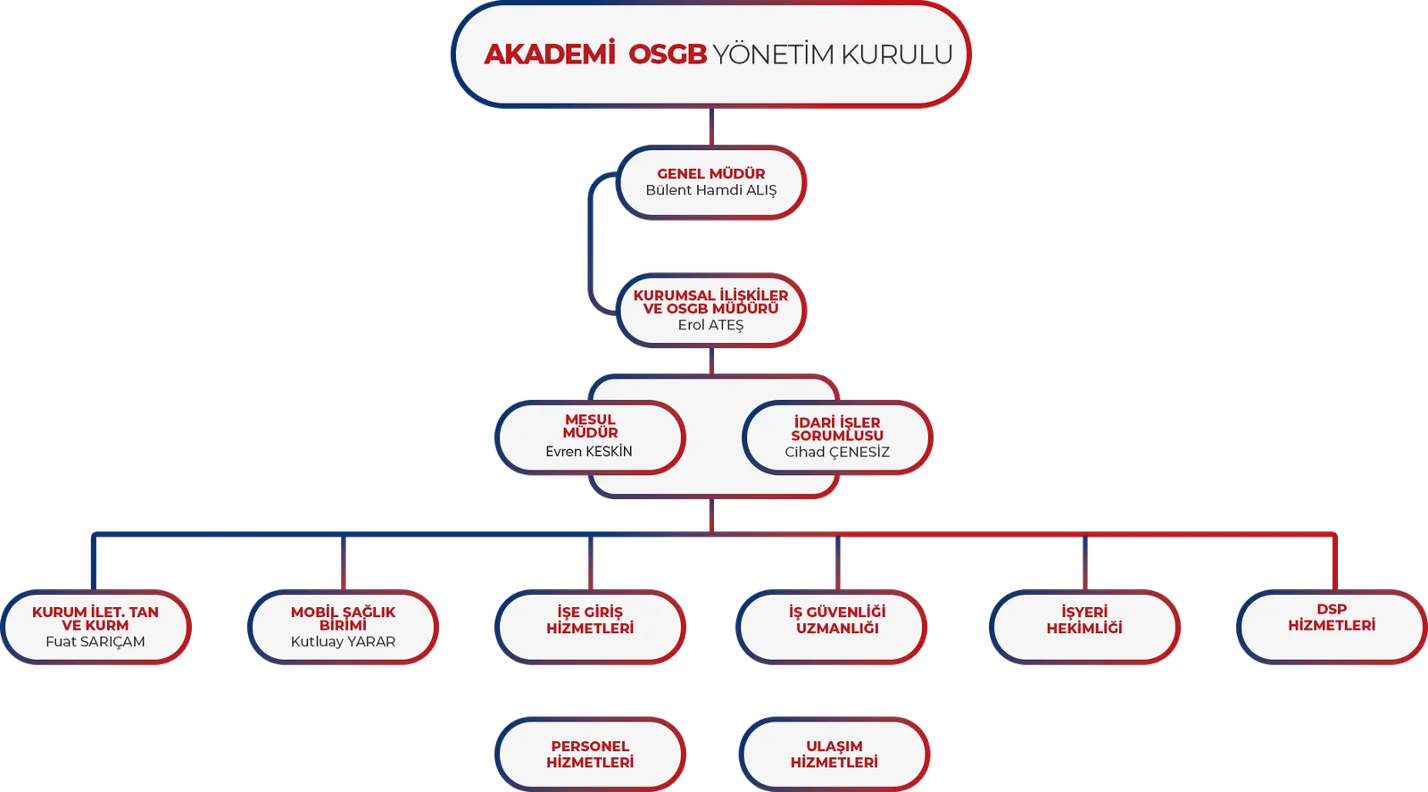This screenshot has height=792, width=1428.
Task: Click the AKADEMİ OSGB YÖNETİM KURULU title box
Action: (710, 54)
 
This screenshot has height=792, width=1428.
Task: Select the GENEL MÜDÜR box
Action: (710, 182)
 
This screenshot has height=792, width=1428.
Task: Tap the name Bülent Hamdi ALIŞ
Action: (710, 190)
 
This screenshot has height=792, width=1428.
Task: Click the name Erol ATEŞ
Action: (710, 325)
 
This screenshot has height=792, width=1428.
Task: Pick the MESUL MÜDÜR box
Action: (590, 438)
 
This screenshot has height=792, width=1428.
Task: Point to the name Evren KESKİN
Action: (589, 452)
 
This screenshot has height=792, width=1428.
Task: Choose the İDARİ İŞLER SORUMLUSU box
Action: (837, 438)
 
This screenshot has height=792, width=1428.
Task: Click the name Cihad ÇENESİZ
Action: (837, 452)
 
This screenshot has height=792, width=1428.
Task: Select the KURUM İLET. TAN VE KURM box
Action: (95, 627)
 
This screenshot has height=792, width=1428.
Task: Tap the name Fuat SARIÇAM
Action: (95, 641)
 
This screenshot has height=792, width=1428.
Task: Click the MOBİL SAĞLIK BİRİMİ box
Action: (343, 627)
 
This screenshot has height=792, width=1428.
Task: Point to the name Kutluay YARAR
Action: (343, 641)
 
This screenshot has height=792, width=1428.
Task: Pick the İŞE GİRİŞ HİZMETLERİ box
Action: (590, 627)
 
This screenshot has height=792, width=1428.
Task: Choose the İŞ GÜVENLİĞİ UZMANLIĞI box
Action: (831, 627)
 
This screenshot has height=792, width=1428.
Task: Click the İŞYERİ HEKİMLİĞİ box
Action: (1084, 627)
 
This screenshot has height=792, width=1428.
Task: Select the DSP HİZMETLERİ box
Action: (1332, 627)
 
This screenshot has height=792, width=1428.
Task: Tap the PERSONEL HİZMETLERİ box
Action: (590, 754)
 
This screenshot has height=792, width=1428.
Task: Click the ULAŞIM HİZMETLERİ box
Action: (834, 754)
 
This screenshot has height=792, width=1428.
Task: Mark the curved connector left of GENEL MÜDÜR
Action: (590, 244)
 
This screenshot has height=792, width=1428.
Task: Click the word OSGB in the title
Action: (668, 54)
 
